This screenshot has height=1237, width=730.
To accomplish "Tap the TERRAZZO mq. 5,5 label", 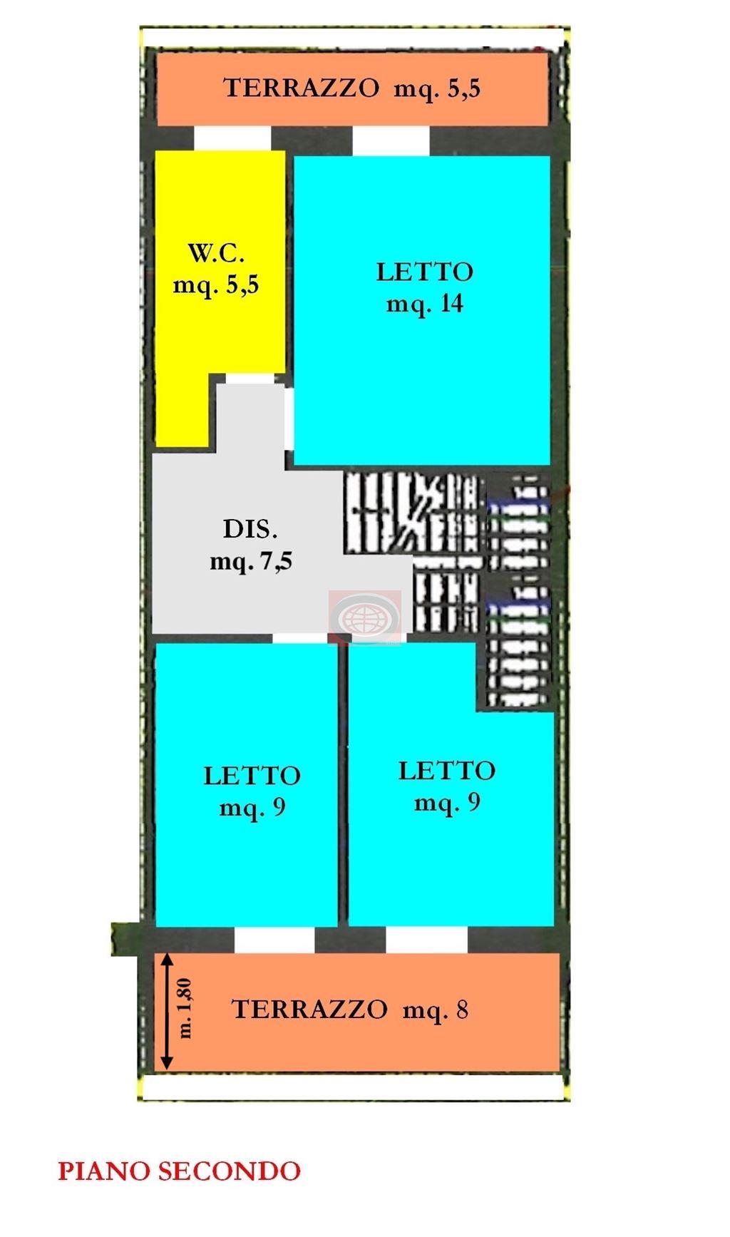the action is (352, 88).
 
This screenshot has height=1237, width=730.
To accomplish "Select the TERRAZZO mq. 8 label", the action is (350, 1010).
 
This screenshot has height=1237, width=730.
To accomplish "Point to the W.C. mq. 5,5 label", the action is (216, 270).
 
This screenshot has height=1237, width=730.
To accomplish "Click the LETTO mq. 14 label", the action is (425, 288).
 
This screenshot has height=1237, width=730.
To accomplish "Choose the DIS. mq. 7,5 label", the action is (251, 546).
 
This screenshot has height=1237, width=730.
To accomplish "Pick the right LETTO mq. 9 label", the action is (447, 786).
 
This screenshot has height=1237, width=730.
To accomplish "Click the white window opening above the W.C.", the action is (232, 138).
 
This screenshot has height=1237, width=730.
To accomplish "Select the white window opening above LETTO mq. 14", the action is (391, 140).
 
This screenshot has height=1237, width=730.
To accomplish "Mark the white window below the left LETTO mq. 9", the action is (274, 940).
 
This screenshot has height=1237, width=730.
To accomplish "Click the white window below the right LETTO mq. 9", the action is (426, 940).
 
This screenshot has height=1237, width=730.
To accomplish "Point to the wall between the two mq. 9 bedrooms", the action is (343, 784).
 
